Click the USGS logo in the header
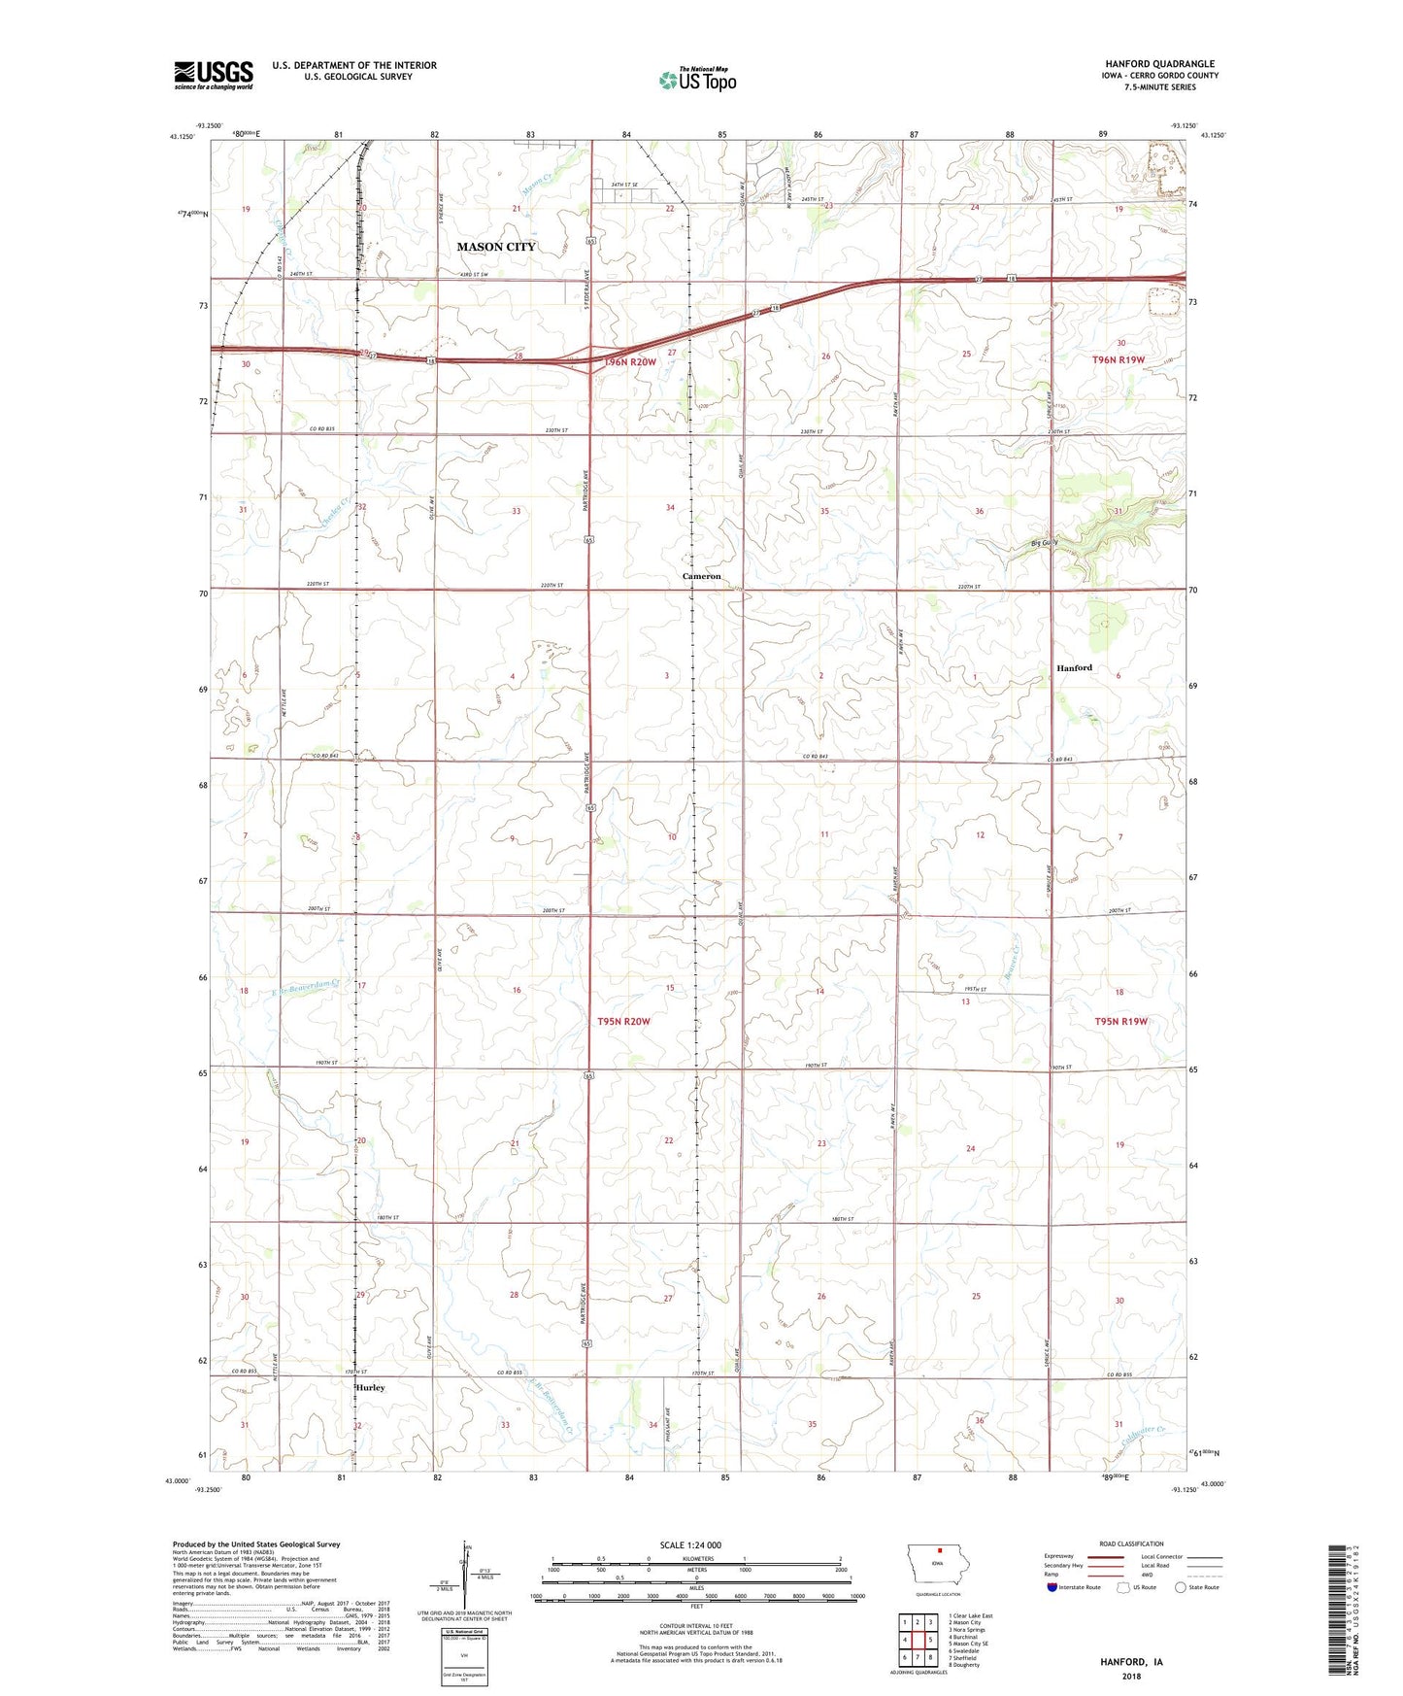(213, 75)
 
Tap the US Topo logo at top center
(697, 80)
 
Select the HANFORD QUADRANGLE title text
(1159, 64)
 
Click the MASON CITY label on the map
(496, 247)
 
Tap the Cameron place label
(701, 576)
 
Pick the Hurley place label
(370, 1387)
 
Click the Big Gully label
(1044, 543)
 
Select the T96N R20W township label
(630, 362)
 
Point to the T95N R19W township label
(1120, 1021)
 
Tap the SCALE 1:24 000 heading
(690, 1544)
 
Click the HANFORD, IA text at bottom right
(1131, 1662)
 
